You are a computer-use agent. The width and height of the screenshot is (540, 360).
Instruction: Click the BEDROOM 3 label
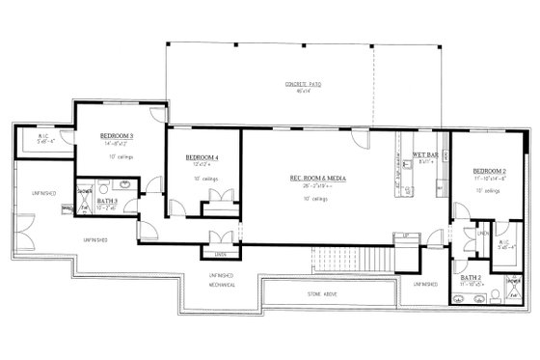pyautogui.click(x=117, y=137)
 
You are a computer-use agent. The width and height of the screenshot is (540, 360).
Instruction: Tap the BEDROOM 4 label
pyautogui.click(x=202, y=156)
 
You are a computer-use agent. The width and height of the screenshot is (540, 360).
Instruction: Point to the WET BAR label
pyautogui.click(x=427, y=155)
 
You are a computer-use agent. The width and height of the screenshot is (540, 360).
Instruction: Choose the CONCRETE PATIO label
pyautogui.click(x=303, y=85)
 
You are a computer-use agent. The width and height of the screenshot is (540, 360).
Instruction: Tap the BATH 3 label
pyautogui.click(x=108, y=200)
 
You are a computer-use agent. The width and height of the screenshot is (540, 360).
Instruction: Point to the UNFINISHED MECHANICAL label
pyautogui.click(x=223, y=281)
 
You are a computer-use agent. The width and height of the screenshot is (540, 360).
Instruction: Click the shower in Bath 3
pyautogui.click(x=84, y=191)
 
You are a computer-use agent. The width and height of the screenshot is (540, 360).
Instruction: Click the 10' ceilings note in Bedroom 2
pyautogui.click(x=485, y=191)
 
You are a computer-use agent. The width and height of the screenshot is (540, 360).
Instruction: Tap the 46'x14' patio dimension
pyautogui.click(x=303, y=93)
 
